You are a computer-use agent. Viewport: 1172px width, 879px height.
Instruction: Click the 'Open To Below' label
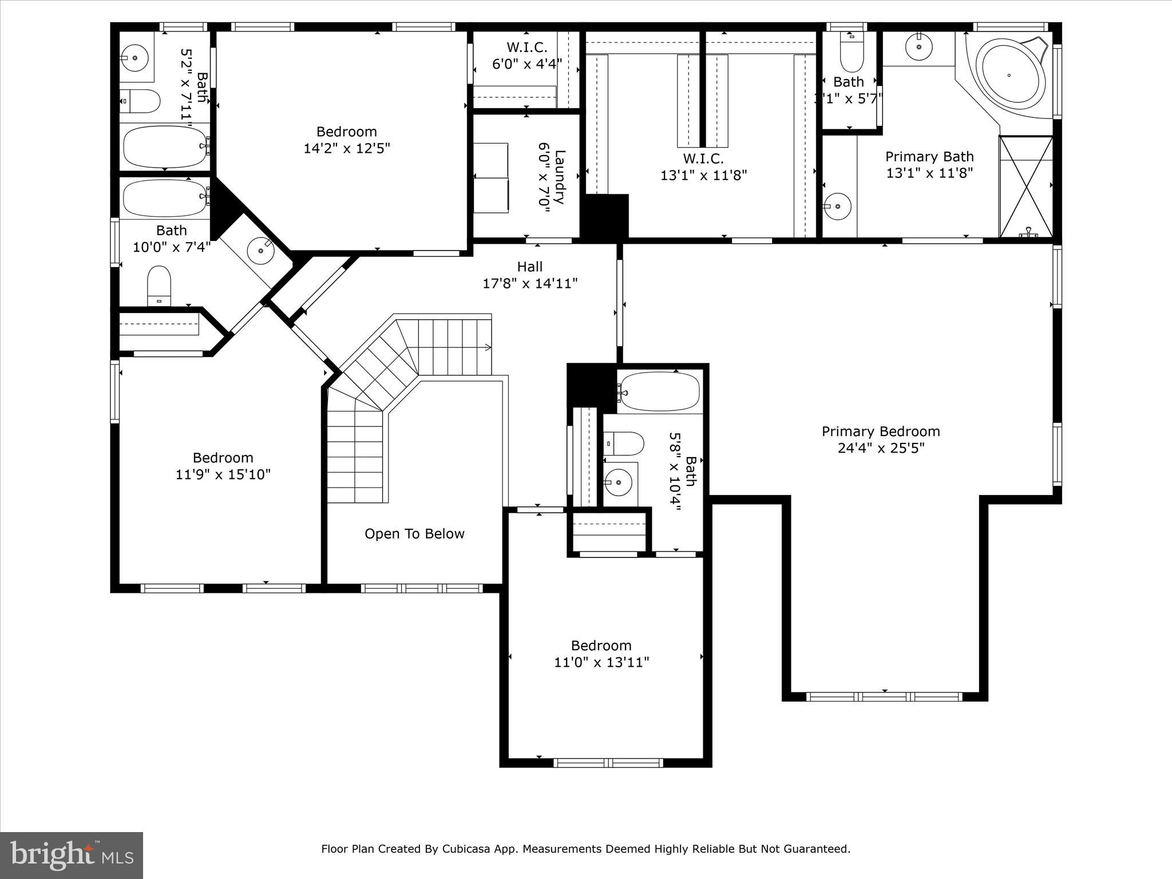(414, 534)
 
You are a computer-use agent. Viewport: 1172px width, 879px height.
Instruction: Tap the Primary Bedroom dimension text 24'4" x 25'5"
(881, 448)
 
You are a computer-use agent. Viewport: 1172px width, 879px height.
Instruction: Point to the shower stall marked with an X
(1025, 186)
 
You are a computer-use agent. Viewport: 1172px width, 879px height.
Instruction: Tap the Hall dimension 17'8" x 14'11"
(530, 283)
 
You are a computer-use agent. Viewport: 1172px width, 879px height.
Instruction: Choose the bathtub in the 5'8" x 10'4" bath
(659, 392)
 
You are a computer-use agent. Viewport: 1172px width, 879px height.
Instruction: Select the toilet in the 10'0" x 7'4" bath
(159, 285)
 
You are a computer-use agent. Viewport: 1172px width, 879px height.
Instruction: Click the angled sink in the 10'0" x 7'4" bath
(260, 250)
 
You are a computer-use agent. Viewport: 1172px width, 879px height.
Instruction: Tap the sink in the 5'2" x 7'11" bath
(135, 57)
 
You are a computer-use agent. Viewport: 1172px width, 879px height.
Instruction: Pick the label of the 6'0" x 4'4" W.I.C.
(526, 47)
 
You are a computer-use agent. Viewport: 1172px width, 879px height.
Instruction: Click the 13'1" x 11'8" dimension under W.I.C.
(703, 175)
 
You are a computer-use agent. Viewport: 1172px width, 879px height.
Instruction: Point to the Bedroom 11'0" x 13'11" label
(601, 654)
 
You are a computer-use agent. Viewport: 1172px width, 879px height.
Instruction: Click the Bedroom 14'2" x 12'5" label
(346, 140)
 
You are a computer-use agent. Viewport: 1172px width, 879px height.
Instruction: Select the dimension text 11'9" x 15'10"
(223, 474)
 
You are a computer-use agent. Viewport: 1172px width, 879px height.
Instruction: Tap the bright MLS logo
(72, 855)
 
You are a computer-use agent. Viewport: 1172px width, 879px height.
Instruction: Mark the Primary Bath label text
(929, 157)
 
